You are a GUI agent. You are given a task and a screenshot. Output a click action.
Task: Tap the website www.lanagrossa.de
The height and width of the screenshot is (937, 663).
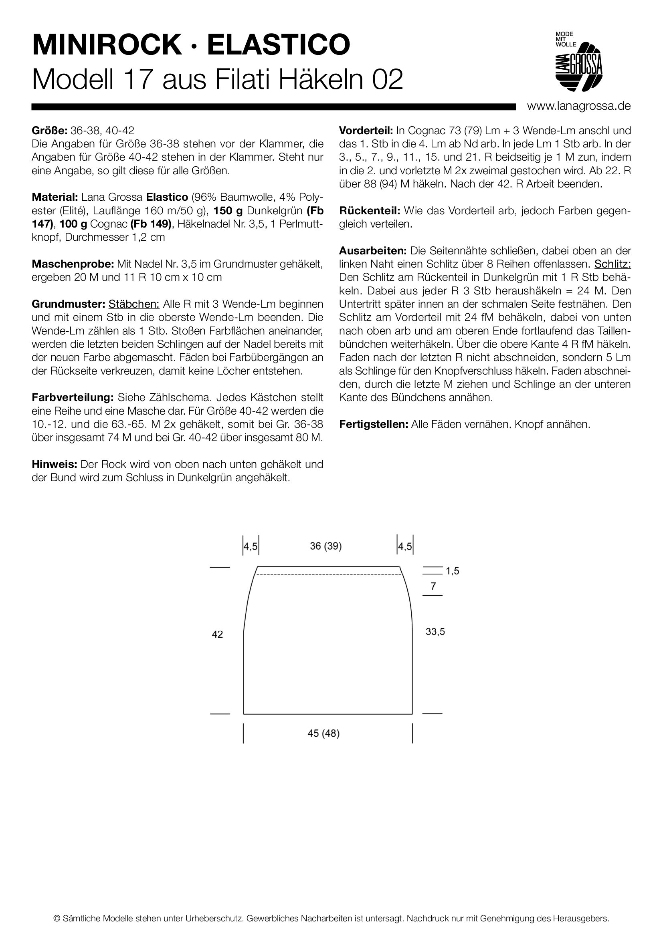pyautogui.click(x=578, y=106)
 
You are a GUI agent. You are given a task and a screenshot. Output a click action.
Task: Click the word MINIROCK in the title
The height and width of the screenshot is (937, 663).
pyautogui.click(x=107, y=45)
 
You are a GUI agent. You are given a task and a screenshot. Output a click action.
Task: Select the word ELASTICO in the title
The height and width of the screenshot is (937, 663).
pyautogui.click(x=279, y=45)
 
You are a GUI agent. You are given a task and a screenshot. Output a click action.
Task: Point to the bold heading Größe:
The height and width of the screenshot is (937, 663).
pyautogui.click(x=49, y=131)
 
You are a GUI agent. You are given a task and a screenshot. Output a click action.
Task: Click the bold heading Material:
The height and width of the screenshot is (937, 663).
pyautogui.click(x=55, y=197)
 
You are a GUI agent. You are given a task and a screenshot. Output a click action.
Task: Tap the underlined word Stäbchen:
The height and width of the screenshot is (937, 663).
pyautogui.click(x=134, y=304)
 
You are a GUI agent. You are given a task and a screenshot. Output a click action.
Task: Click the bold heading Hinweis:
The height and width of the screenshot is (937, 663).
pyautogui.click(x=54, y=464)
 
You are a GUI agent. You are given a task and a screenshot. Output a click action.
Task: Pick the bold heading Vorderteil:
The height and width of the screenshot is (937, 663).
pyautogui.click(x=366, y=131)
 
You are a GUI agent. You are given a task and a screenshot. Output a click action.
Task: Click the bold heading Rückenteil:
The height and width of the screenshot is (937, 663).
pyautogui.click(x=370, y=211)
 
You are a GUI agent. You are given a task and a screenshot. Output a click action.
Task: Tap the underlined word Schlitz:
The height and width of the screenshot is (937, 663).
pyautogui.click(x=612, y=264)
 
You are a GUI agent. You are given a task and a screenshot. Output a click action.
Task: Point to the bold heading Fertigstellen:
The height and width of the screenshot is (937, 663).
pyautogui.click(x=374, y=424)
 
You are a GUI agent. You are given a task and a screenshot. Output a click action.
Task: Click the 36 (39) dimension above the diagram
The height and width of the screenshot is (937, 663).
pyautogui.click(x=326, y=546)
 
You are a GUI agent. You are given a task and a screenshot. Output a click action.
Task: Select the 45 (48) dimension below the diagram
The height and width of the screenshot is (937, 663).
pyautogui.click(x=323, y=733)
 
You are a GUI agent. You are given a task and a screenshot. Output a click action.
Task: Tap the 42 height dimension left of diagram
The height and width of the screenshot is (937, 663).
pyautogui.click(x=217, y=634)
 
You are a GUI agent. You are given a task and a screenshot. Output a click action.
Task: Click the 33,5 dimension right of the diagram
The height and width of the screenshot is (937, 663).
pyautogui.click(x=435, y=632)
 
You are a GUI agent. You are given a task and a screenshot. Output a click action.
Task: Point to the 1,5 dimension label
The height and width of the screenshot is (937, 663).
pyautogui.click(x=452, y=571)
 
